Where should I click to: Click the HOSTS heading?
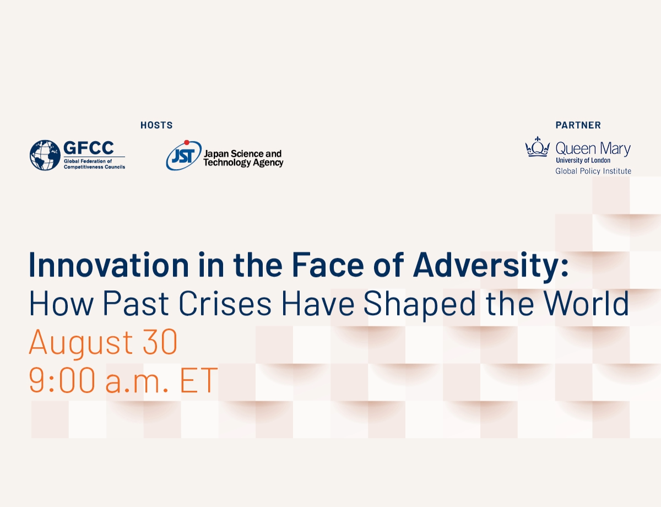[156, 126]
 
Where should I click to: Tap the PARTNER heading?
[578, 126]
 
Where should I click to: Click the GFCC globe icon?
[45, 155]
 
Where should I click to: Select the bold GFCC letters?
[88, 148]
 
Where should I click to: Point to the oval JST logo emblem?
[183, 157]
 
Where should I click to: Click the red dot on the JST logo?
[187, 143]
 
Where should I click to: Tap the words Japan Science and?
[242, 154]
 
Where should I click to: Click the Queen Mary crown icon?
[538, 148]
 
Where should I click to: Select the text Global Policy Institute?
[593, 171]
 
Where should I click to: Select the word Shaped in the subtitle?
[411, 304]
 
